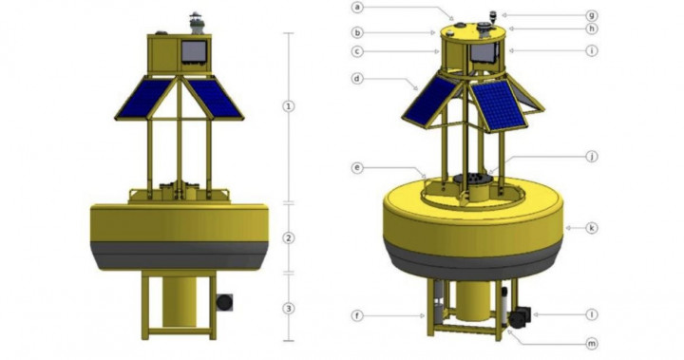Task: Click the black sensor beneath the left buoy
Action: coord(224,303)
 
